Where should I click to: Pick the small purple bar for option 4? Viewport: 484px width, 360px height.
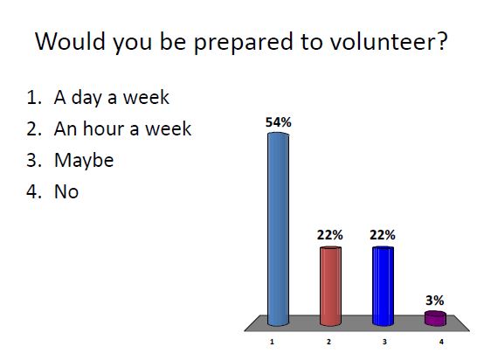click(x=435, y=317)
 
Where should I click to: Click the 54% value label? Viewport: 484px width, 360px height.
click(x=278, y=123)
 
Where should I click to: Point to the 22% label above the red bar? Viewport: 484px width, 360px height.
click(x=330, y=235)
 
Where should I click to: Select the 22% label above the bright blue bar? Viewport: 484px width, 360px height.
click(x=383, y=235)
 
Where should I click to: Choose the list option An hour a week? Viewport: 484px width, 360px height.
click(x=121, y=131)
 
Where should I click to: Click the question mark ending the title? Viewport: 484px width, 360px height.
click(x=443, y=42)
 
